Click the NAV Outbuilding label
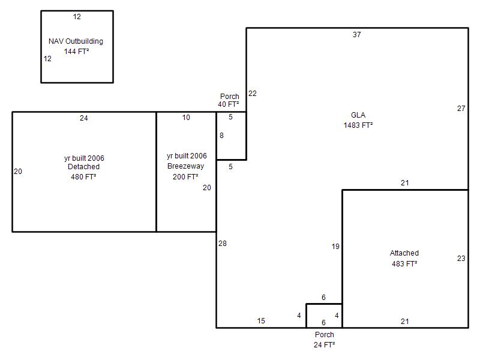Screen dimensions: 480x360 point(76,41)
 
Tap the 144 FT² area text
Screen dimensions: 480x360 point(77,52)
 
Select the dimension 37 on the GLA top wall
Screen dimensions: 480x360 point(356,35)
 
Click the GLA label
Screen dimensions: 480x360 point(358,115)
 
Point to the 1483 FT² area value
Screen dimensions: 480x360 point(358,125)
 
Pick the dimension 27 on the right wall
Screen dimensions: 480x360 point(461,109)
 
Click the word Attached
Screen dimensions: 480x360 point(404,253)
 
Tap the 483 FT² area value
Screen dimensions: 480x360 point(404,263)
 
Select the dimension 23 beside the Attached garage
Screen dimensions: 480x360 point(461,259)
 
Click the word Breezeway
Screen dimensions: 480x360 point(186,166)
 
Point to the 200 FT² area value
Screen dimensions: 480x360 point(185,176)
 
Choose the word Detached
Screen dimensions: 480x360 point(83,167)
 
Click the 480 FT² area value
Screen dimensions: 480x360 point(83,177)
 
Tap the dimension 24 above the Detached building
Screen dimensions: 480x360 point(84,118)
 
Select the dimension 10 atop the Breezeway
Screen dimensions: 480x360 point(186,118)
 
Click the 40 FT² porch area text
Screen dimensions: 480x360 point(229,104)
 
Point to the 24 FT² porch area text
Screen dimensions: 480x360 point(325,344)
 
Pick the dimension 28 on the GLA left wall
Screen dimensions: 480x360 point(223,244)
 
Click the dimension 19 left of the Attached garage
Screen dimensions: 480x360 point(335,247)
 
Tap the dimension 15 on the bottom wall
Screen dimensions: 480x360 point(261,321)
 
